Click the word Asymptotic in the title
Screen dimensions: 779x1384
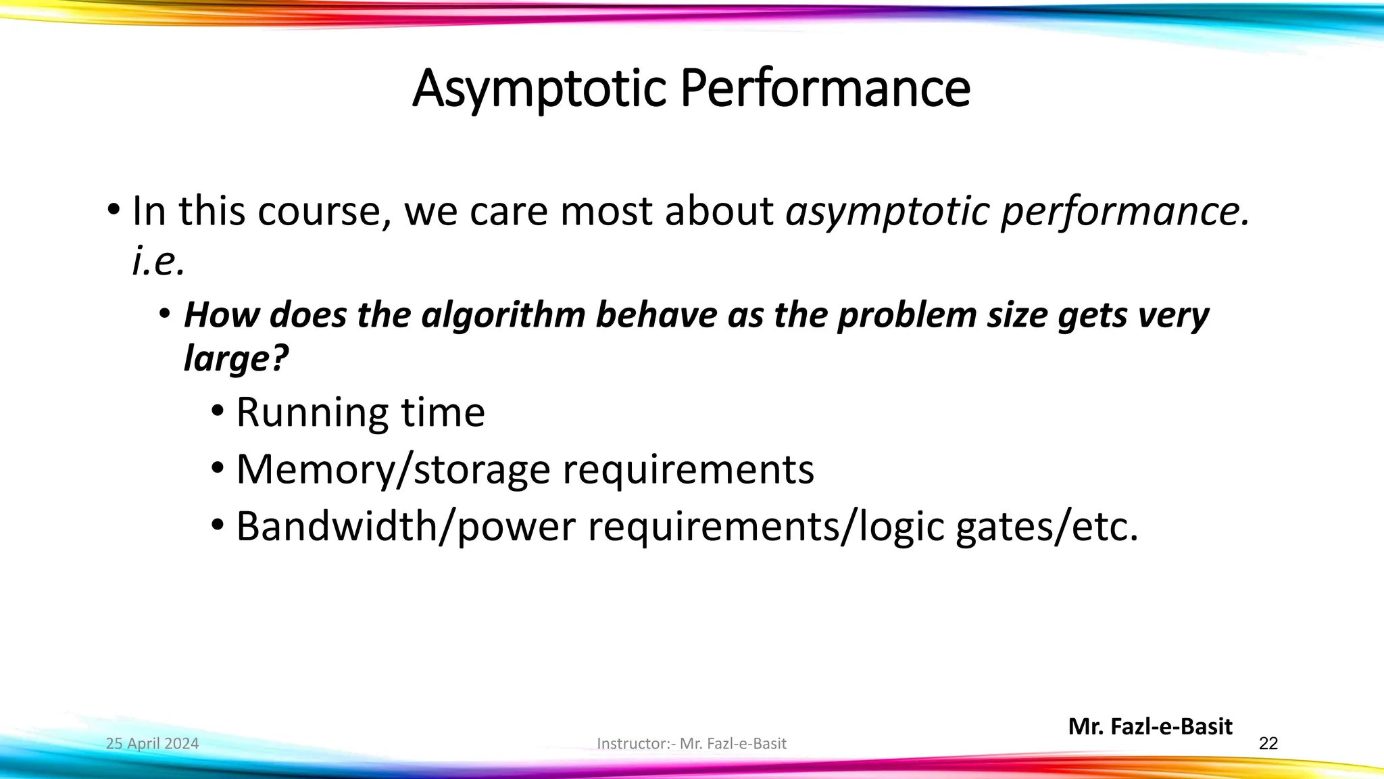click(x=539, y=89)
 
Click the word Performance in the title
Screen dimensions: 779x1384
click(x=825, y=89)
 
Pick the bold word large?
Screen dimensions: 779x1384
click(x=236, y=358)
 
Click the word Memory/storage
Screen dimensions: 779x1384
click(x=393, y=470)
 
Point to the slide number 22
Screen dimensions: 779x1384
click(x=1268, y=744)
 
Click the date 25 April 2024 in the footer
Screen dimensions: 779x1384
click(x=152, y=744)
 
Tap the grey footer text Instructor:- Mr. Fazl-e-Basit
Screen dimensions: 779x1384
click(x=691, y=744)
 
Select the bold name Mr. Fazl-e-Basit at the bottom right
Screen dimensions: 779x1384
click(x=1150, y=727)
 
